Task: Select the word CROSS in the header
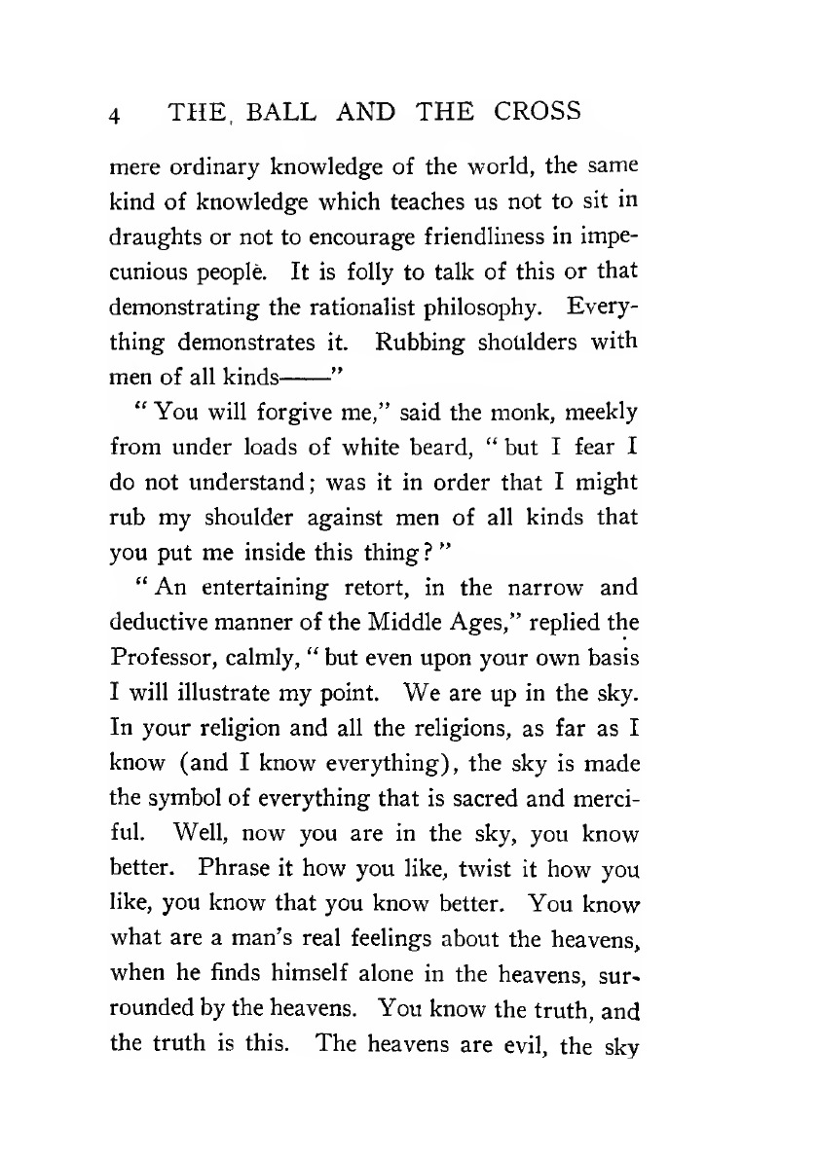click(534, 112)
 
